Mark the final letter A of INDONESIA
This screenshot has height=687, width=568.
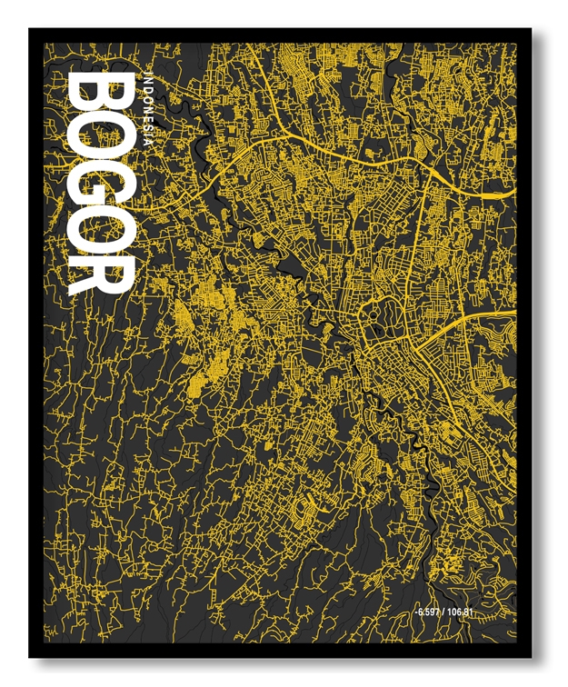tap(148, 144)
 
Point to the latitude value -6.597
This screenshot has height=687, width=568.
tap(429, 611)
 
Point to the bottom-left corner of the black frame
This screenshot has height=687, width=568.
tap(31, 656)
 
